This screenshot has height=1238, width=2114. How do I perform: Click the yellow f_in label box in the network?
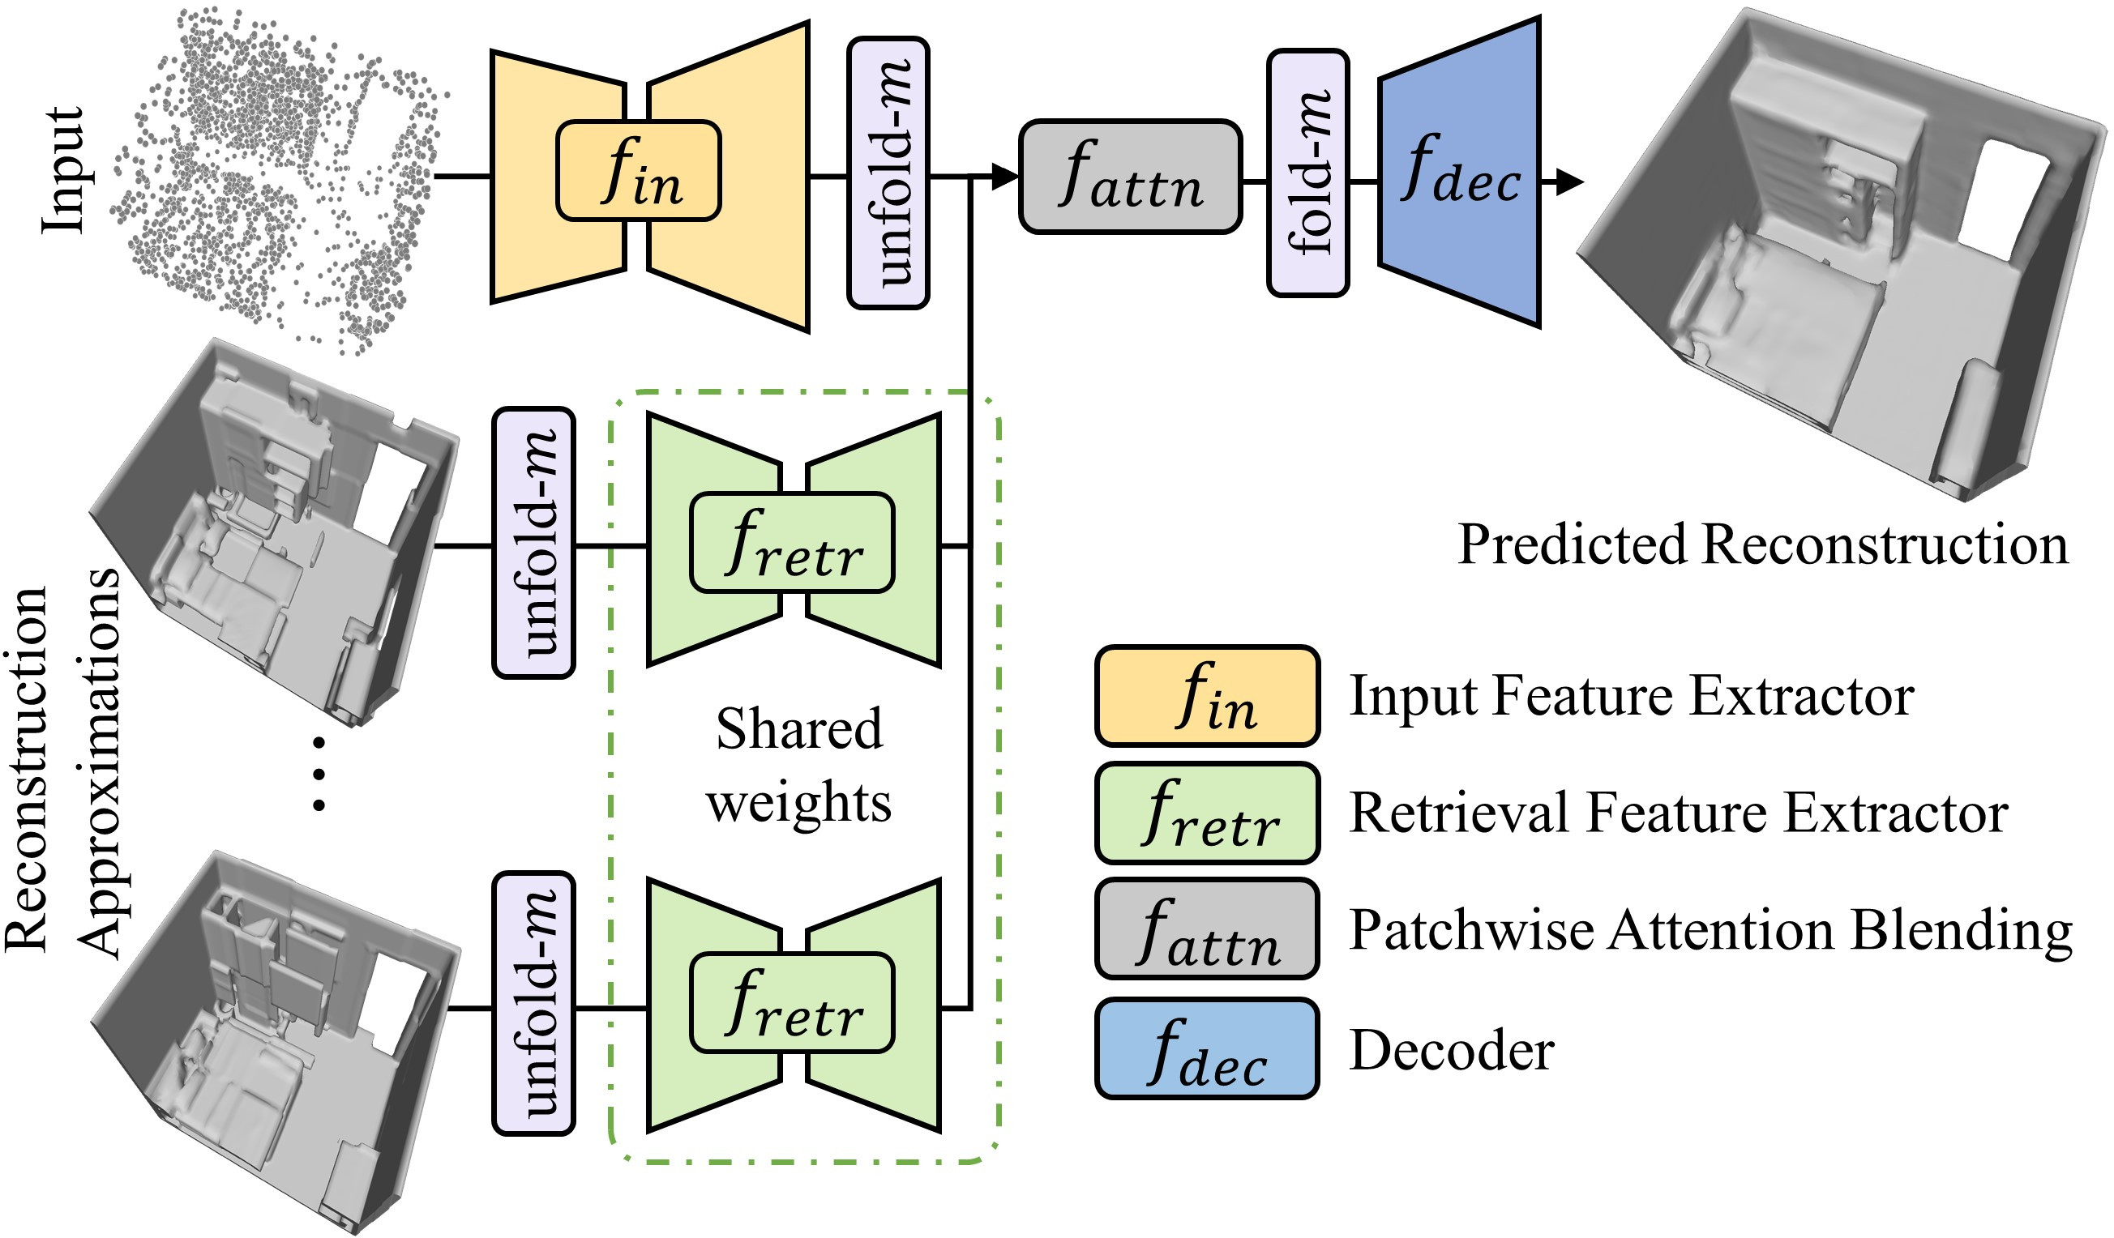pyautogui.click(x=639, y=171)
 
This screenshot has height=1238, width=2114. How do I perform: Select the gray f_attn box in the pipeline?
pyautogui.click(x=1130, y=176)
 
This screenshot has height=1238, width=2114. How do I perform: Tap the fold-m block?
pyautogui.click(x=1307, y=173)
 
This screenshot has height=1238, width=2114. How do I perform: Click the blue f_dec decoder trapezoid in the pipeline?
pyautogui.click(x=1460, y=172)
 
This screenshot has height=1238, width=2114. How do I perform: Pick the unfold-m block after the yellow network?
pyautogui.click(x=888, y=173)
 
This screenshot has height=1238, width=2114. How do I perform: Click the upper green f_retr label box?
pyautogui.click(x=792, y=543)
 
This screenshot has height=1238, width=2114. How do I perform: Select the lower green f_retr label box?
pyautogui.click(x=792, y=1002)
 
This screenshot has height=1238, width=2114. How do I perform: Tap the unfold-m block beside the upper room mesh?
pyautogui.click(x=533, y=543)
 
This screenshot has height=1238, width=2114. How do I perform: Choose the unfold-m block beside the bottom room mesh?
pyautogui.click(x=533, y=1003)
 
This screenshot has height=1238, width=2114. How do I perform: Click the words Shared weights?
pyautogui.click(x=798, y=764)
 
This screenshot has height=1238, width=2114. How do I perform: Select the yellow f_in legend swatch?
pyautogui.click(x=1207, y=696)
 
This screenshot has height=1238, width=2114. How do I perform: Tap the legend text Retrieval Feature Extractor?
pyautogui.click(x=1679, y=813)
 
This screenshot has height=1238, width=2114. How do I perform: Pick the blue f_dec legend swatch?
pyautogui.click(x=1207, y=1048)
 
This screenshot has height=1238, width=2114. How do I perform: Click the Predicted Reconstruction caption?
pyautogui.click(x=1762, y=544)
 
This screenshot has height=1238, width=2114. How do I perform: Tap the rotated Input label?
pyautogui.click(x=63, y=169)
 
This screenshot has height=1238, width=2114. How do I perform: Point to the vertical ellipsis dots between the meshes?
pyautogui.click(x=319, y=773)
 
